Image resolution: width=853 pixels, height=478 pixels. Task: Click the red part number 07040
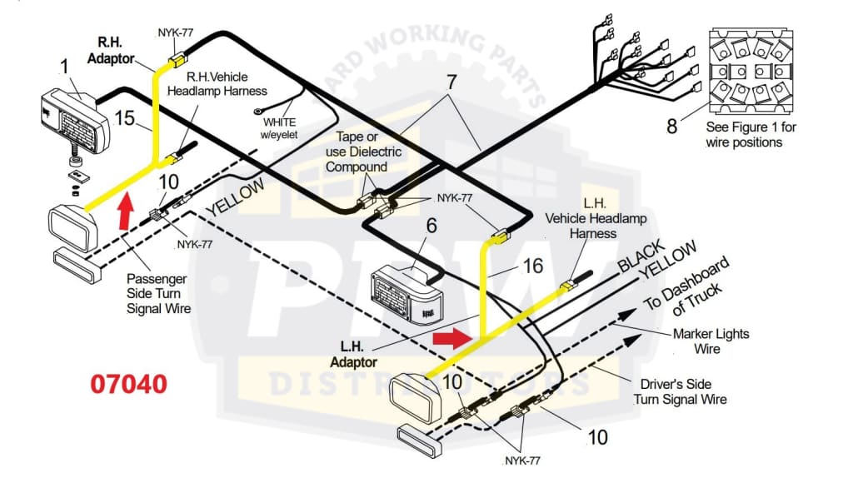tap(128, 384)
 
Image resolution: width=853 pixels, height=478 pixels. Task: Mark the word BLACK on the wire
tap(641, 257)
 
